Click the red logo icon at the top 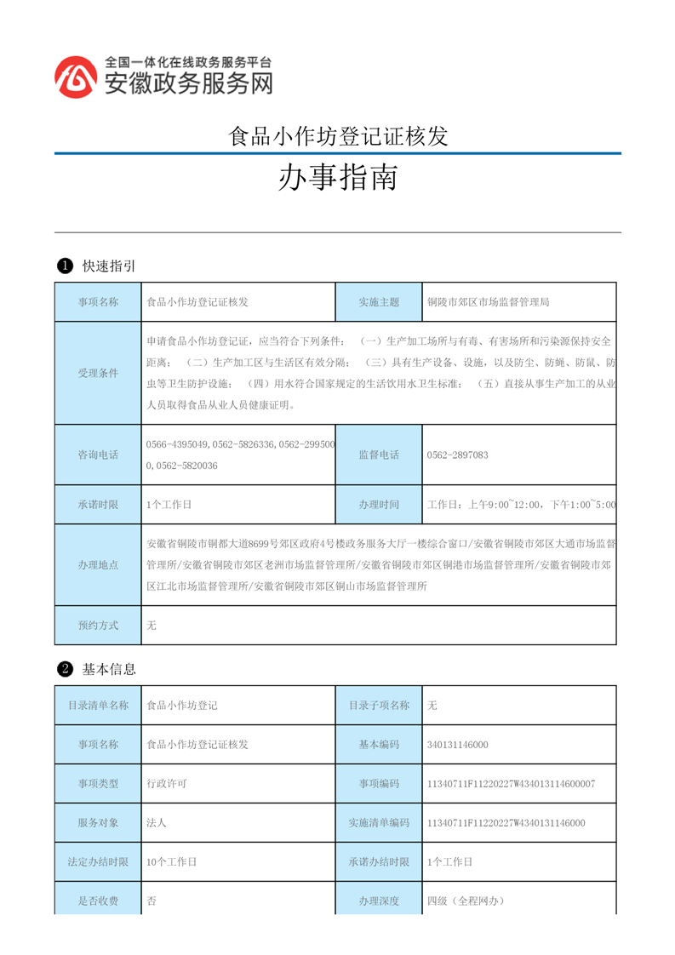pyautogui.click(x=76, y=77)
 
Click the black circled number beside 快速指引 pyautogui.click(x=64, y=266)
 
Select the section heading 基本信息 pyautogui.click(x=109, y=669)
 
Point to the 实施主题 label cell pyautogui.click(x=379, y=302)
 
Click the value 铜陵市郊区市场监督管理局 pyautogui.click(x=489, y=302)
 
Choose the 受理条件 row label pyautogui.click(x=98, y=373)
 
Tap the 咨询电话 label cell pyautogui.click(x=98, y=455)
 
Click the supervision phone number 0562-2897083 pyautogui.click(x=458, y=455)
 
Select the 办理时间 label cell pyautogui.click(x=379, y=505)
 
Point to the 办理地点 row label pyautogui.click(x=98, y=564)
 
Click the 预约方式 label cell pyautogui.click(x=98, y=626)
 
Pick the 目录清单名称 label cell pyautogui.click(x=98, y=706)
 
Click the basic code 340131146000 pyautogui.click(x=458, y=745)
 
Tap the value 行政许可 pyautogui.click(x=167, y=784)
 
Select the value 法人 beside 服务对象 pyautogui.click(x=156, y=823)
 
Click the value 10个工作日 pyautogui.click(x=172, y=862)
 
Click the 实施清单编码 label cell pyautogui.click(x=379, y=823)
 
